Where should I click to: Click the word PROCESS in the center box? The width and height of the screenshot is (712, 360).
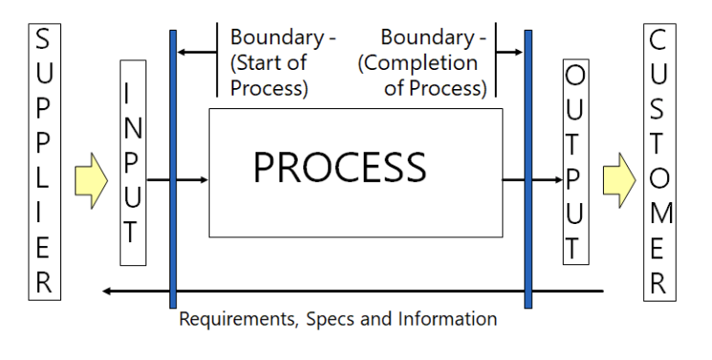[x=339, y=168]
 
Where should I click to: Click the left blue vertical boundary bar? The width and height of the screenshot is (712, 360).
[x=173, y=169]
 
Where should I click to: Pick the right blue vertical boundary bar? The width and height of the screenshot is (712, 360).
[x=527, y=169]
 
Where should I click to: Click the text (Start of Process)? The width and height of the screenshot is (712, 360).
[x=271, y=77]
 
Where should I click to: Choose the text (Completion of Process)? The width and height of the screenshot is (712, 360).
[x=422, y=77]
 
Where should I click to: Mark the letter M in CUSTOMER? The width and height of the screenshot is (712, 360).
[x=658, y=212]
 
